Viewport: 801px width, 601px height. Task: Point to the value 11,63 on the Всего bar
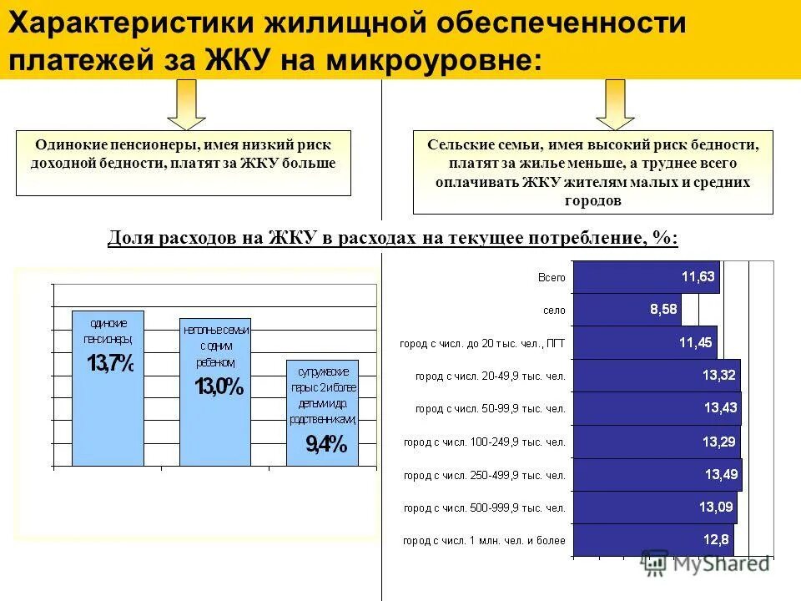(x=698, y=277)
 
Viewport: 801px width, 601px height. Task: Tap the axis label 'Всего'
(x=552, y=277)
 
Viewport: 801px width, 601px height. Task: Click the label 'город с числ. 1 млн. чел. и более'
(x=484, y=541)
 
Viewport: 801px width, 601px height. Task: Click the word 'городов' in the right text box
(x=592, y=201)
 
